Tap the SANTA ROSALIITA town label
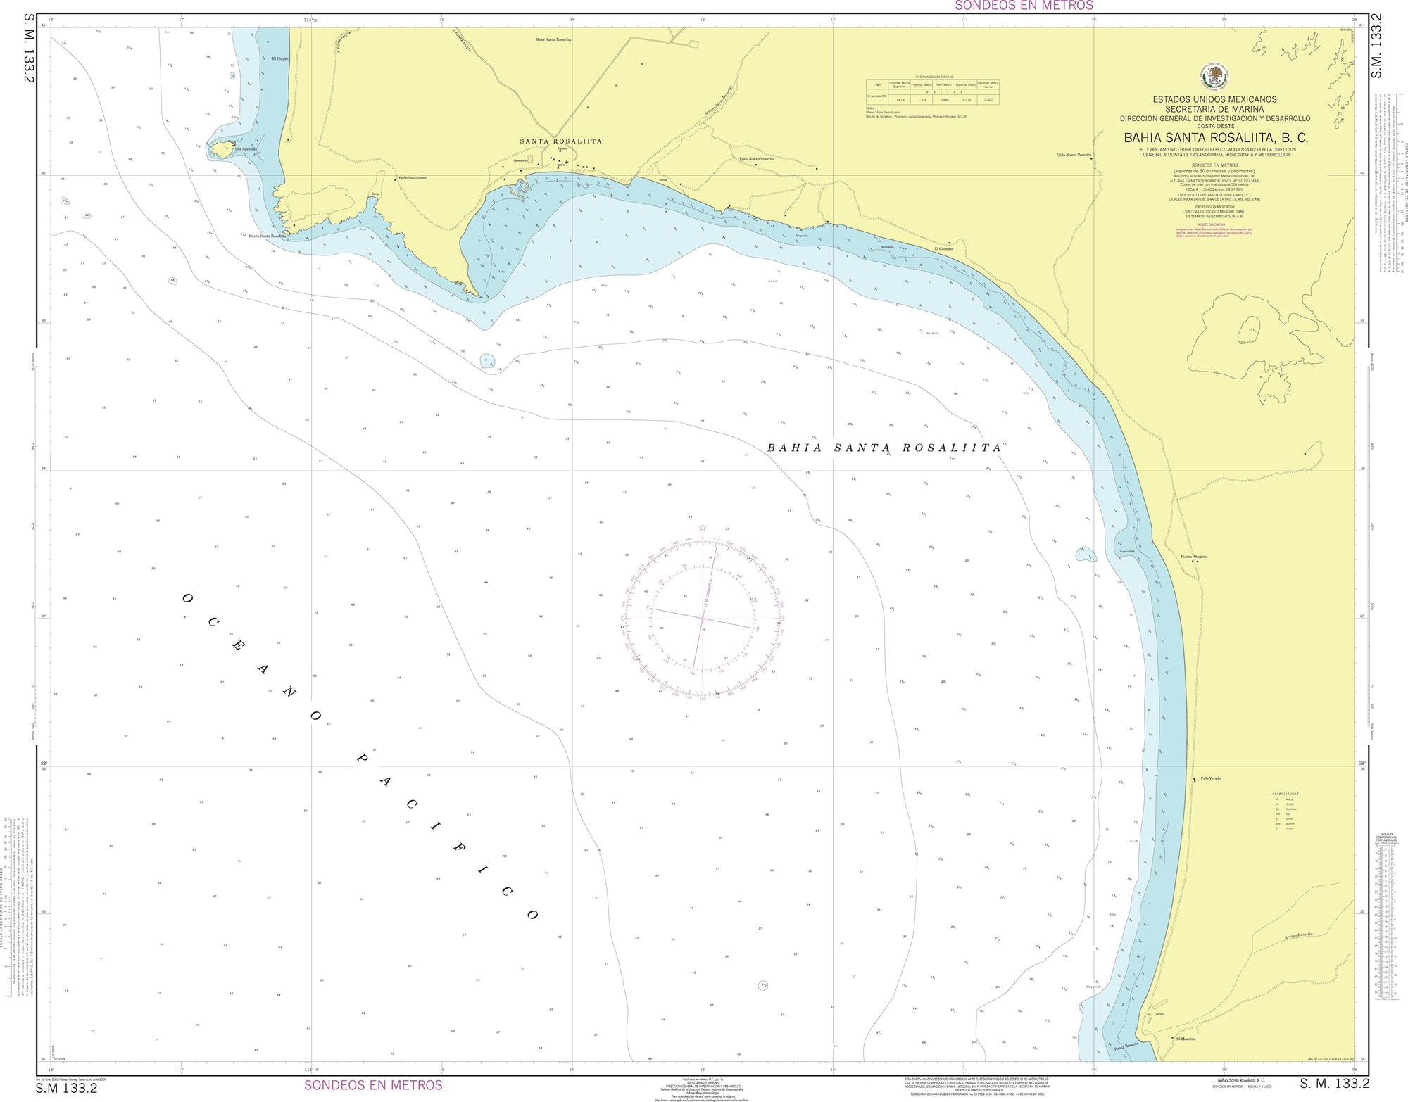pos(560,141)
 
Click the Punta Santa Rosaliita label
pos(268,236)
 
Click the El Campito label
pos(943,249)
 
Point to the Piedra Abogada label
pos(1194,557)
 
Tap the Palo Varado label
pos(1210,778)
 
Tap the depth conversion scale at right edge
pos(1383,915)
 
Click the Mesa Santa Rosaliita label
pos(553,40)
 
